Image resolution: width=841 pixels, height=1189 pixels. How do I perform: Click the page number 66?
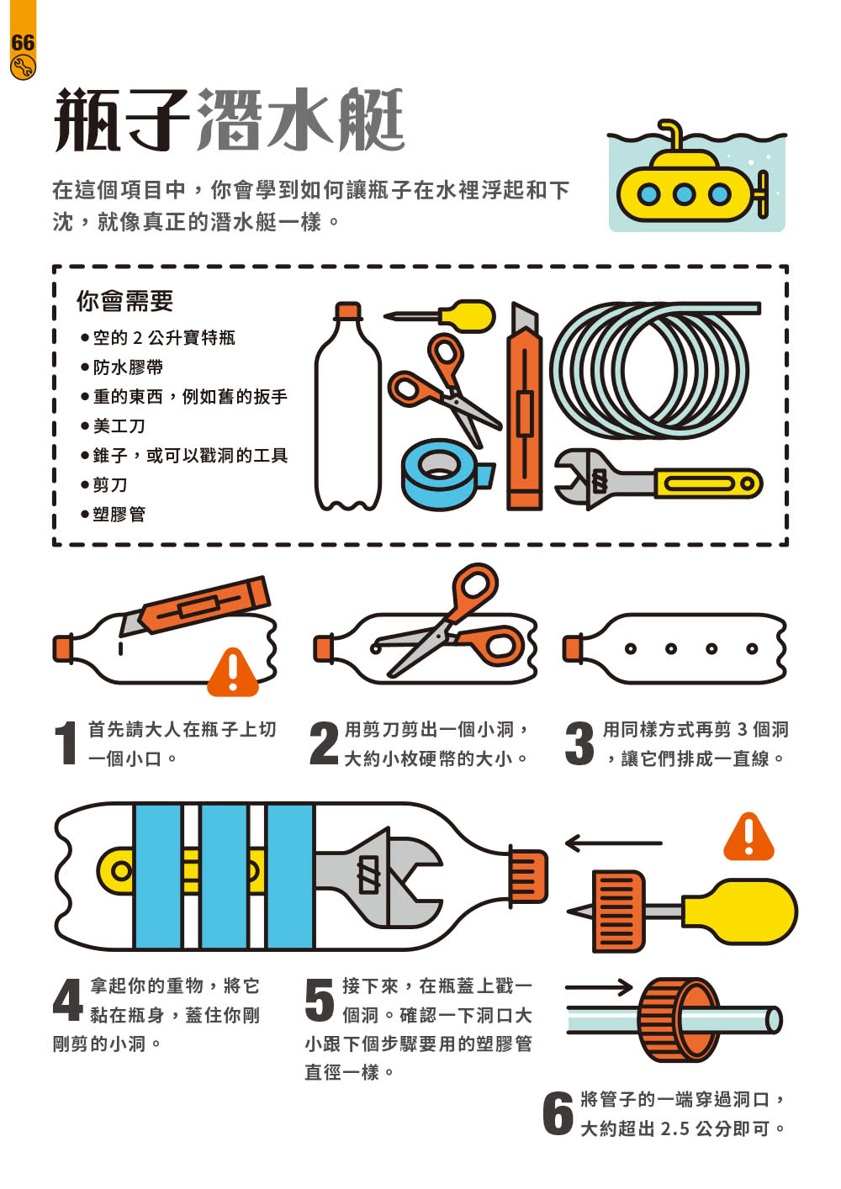(x=22, y=42)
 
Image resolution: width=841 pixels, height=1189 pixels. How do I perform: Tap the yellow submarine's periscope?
(x=672, y=134)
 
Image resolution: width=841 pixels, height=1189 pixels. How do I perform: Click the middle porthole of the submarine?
(x=685, y=194)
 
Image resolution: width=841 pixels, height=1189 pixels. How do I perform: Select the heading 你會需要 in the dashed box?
(x=124, y=300)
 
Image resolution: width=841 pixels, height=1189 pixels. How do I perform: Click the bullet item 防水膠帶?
(x=127, y=367)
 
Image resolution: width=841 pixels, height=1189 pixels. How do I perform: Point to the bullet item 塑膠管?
(x=118, y=514)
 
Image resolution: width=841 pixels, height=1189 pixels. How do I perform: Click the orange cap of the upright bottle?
(x=348, y=312)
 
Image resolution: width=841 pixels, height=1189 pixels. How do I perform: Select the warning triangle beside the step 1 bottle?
(x=233, y=672)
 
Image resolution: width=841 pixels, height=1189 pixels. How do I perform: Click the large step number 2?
(x=324, y=743)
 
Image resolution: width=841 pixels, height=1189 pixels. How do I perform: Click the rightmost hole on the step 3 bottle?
(x=752, y=648)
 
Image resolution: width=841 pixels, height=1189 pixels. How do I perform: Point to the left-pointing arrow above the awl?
(x=613, y=843)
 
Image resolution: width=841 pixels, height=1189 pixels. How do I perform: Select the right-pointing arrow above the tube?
(x=599, y=986)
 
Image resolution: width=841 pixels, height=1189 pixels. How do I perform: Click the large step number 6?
(x=558, y=1113)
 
